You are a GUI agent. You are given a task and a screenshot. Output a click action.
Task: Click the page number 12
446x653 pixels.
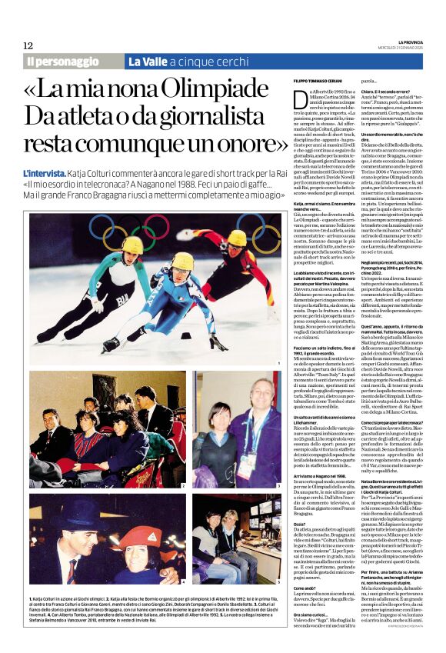click(x=28, y=45)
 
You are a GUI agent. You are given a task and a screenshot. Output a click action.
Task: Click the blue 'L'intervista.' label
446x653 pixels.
click(x=45, y=175)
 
